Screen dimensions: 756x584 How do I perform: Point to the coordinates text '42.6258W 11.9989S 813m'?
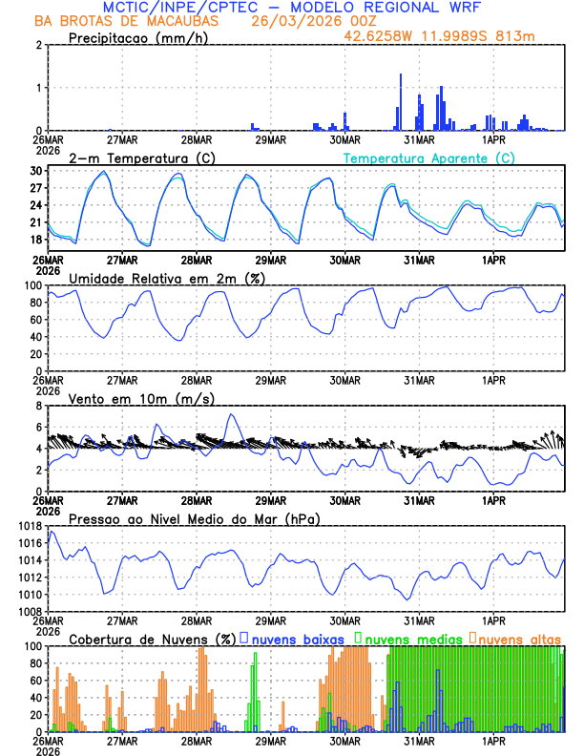[x=454, y=36]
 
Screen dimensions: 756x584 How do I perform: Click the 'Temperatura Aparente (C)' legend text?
[x=429, y=157]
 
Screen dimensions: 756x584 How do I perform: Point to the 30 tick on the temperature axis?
[x=35, y=171]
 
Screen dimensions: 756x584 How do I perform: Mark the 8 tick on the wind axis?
[x=38, y=406]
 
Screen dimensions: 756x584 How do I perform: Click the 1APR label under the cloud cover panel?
[x=493, y=740]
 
